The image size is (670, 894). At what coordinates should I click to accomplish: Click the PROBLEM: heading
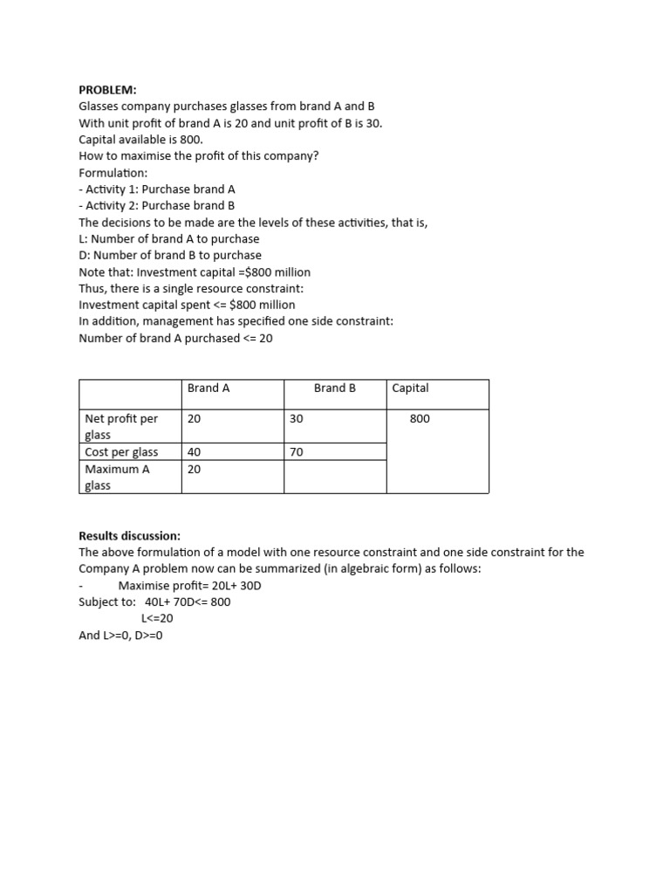point(108,90)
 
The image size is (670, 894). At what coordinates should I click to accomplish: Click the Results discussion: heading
point(129,535)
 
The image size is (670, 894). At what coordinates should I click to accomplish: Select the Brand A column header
point(209,388)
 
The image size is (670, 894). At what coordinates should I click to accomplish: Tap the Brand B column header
point(335,388)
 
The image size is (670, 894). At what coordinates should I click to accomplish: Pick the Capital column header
point(410,388)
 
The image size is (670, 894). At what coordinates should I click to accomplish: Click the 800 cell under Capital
point(420,419)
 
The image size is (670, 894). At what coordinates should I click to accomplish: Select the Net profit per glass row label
point(121,426)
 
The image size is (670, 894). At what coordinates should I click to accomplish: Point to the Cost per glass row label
point(121,451)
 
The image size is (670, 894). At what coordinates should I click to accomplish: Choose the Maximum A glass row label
point(117,477)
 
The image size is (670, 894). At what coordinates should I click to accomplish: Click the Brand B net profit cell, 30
point(297,419)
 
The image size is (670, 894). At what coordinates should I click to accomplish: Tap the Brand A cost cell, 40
point(195,451)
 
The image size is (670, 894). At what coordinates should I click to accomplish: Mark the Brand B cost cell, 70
point(297,451)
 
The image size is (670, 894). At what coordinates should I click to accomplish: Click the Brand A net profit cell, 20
point(195,419)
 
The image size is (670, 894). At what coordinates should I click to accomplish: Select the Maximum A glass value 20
point(195,469)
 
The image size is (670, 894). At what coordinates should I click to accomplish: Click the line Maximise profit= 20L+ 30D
point(189,585)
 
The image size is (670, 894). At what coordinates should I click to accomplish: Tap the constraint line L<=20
point(157,618)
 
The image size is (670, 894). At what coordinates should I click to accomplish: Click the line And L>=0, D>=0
point(120,635)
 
